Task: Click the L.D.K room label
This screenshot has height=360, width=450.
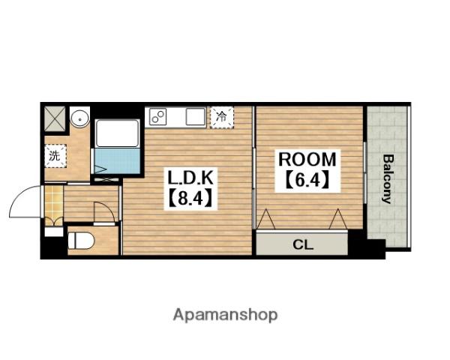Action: tap(190, 178)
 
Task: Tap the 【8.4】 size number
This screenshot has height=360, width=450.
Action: tap(190, 198)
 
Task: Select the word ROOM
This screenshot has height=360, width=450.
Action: tap(307, 159)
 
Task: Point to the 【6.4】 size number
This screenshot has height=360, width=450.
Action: tap(307, 180)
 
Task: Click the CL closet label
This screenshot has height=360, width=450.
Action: tap(303, 245)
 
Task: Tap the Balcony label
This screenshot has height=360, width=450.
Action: tap(387, 178)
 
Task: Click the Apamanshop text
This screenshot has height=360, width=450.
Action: tap(225, 315)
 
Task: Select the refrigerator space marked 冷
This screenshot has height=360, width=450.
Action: tap(221, 117)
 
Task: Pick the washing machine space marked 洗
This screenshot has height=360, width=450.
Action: tap(55, 156)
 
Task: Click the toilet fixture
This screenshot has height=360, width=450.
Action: tap(81, 241)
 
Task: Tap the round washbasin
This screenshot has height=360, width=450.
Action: tap(80, 117)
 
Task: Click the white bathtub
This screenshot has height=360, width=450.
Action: tap(117, 133)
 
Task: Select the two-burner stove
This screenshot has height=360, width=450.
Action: tap(157, 116)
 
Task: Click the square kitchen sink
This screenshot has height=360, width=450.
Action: tap(196, 116)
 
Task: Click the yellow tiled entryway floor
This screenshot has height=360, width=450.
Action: tap(54, 202)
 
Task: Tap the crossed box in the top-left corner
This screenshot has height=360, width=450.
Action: tap(55, 118)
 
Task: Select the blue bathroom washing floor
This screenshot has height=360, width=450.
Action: tap(117, 160)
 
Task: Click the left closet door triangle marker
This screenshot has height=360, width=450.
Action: tap(265, 219)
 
